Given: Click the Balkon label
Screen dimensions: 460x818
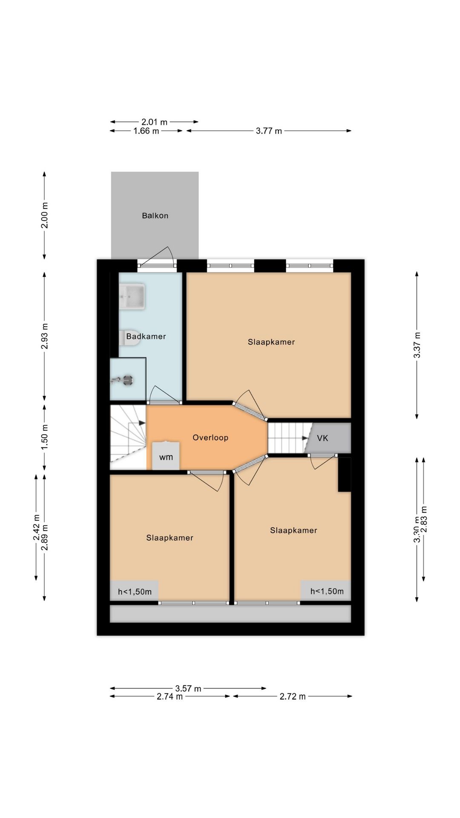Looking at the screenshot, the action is click(155, 216).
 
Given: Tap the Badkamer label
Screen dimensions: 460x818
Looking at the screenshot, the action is click(146, 336).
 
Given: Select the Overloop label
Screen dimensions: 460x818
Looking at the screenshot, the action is click(210, 438).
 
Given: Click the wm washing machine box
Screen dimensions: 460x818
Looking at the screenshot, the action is click(166, 455).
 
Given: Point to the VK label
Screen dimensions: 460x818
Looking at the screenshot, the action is click(322, 438).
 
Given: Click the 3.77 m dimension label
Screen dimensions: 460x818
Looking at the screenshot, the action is click(269, 131).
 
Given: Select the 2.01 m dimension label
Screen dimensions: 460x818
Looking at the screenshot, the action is click(155, 122).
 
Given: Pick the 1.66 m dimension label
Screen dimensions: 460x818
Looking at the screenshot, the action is click(146, 131).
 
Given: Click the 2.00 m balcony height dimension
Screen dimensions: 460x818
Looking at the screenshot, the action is click(44, 215).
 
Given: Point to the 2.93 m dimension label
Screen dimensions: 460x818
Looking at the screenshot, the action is click(44, 336).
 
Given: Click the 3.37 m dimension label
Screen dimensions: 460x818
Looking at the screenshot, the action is click(417, 344).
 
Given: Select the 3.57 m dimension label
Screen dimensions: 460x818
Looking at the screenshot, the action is click(188, 688).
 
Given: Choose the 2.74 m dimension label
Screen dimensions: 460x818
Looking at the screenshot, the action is click(170, 697).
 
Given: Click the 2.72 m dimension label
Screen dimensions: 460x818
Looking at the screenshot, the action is click(293, 697).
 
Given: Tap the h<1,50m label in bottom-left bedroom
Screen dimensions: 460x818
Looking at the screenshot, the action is click(135, 591).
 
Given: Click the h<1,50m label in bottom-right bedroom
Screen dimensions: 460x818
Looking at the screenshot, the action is click(327, 591).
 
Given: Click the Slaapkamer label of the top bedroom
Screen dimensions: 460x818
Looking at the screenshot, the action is click(271, 342).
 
